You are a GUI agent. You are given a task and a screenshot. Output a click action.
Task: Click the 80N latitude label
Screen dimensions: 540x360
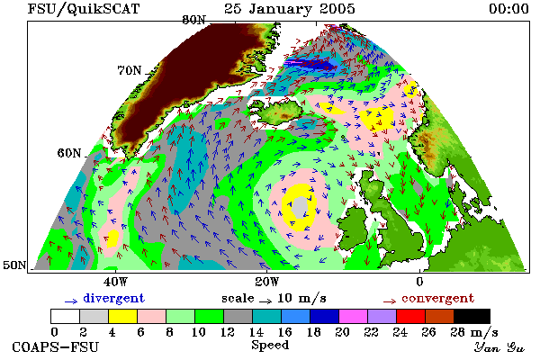193,21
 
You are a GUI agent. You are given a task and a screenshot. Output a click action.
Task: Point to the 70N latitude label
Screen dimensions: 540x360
130,70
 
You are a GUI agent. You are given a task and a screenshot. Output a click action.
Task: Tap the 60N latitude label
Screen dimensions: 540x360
69,153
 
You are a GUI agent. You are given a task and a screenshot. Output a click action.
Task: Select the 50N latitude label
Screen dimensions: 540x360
14,265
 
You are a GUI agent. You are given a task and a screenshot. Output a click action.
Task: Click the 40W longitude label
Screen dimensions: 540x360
115,282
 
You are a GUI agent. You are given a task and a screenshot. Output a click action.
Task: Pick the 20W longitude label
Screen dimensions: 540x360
267,282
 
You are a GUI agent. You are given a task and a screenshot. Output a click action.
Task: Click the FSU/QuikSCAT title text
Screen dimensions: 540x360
84,9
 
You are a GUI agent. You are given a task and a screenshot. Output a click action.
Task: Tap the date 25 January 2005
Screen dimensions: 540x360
290,9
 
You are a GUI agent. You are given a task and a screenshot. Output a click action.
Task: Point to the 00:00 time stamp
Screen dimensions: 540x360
508,9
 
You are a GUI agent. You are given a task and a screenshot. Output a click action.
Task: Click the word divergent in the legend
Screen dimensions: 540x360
114,298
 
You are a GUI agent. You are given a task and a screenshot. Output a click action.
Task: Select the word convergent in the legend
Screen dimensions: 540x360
438,298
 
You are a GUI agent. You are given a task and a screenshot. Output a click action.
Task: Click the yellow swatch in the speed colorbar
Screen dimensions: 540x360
122,316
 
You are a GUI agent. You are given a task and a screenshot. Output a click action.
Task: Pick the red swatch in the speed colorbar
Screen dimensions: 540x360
410,316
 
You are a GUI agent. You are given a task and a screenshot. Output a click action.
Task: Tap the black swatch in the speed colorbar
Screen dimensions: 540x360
472,316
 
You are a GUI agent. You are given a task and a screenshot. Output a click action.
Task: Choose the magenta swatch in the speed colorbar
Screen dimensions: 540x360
353,316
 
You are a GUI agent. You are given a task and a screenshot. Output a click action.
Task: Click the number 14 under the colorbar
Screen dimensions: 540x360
256,332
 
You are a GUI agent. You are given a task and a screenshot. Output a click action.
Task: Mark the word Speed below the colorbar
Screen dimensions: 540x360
270,346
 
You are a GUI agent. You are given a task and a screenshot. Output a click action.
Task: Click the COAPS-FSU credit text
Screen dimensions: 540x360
56,346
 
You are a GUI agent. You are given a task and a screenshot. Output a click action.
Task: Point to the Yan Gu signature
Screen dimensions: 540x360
499,347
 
